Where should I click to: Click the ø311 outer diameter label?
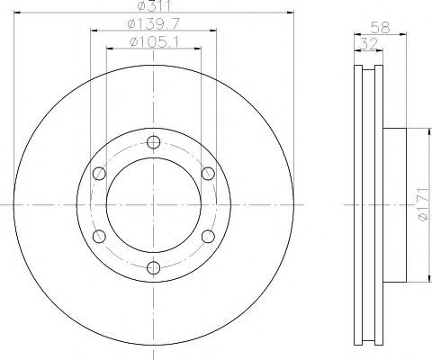point(154,5)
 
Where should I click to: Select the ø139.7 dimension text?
point(153,23)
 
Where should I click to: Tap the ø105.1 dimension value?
point(154,41)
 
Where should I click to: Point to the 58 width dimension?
point(380,28)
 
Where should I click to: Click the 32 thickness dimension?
point(368,44)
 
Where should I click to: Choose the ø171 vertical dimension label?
point(424,204)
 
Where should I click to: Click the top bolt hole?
point(153,142)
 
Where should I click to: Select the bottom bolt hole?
point(153,267)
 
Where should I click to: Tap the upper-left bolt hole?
point(99,174)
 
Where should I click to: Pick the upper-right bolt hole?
point(208,174)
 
